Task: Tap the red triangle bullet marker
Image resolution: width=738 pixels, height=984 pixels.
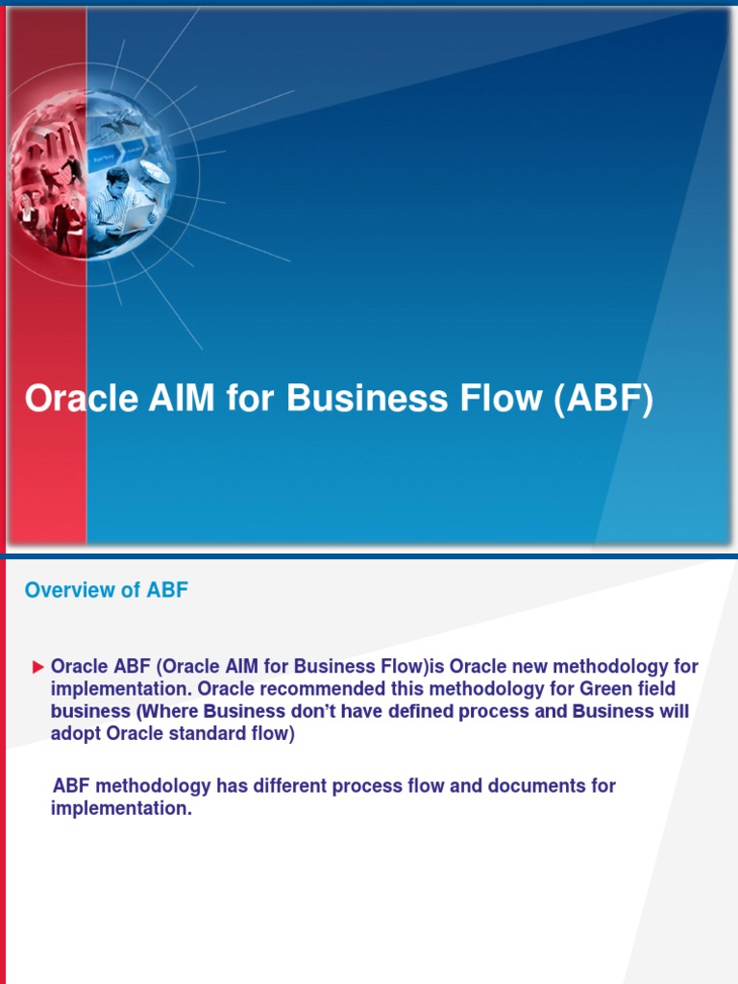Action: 38,667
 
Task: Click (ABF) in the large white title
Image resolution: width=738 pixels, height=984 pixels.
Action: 603,399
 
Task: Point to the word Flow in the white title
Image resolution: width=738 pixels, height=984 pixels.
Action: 496,399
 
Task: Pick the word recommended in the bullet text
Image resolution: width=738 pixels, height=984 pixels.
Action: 297,689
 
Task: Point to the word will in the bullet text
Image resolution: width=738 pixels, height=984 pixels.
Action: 673,711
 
